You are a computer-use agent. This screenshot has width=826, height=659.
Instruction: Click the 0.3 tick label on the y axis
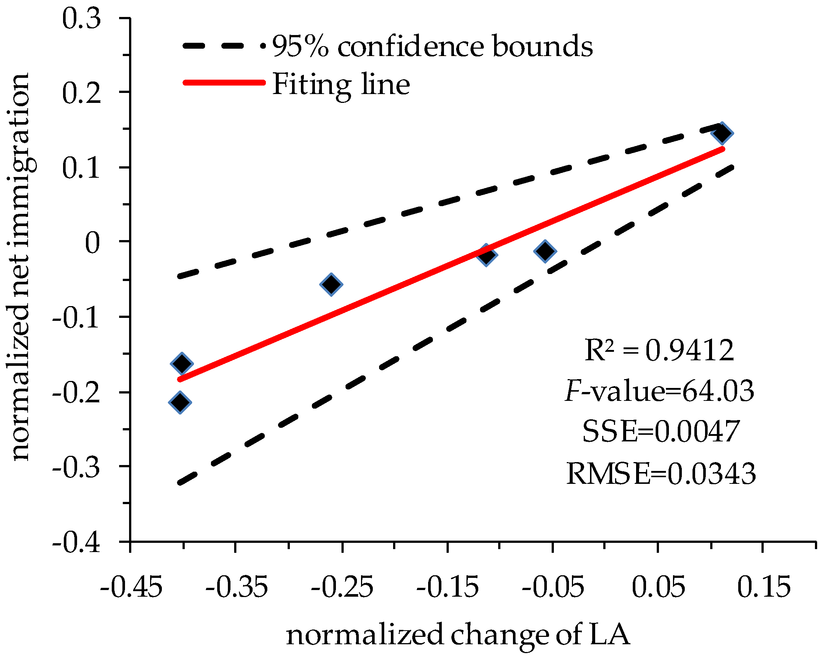81,19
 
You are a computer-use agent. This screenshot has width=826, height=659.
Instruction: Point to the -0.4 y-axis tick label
76,542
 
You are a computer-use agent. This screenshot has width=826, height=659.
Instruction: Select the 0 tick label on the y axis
92,243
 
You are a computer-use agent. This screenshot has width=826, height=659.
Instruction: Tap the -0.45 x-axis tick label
131,587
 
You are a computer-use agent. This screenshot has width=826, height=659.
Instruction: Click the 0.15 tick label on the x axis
764,587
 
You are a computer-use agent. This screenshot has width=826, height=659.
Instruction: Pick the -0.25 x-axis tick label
342,587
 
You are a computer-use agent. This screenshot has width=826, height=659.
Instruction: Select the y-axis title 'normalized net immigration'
22,267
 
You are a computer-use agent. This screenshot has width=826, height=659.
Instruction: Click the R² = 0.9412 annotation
659,351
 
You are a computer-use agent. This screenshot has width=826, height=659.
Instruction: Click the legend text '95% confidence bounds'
432,46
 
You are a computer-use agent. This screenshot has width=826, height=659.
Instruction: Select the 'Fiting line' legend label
341,84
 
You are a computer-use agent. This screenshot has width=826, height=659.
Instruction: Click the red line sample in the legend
224,82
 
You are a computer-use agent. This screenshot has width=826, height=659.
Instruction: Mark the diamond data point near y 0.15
722,133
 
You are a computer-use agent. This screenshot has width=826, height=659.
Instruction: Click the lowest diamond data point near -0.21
180,402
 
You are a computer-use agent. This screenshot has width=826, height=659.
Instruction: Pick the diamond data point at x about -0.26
331,284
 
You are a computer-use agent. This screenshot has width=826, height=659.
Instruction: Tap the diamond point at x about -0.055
545,251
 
